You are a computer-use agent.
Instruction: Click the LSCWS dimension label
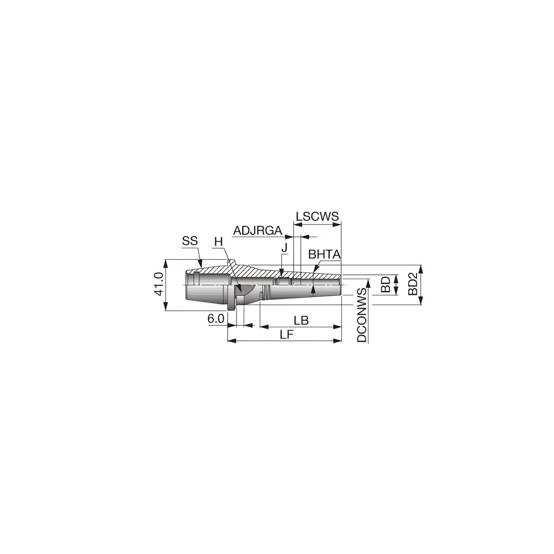tap(317, 216)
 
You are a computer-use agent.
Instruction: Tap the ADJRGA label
tap(258, 230)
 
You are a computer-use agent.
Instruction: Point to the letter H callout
tap(218, 242)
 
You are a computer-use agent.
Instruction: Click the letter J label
tap(284, 247)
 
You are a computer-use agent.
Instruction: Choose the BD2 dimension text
tap(413, 284)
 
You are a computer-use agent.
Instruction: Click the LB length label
tap(301, 320)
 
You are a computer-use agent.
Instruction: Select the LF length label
tap(286, 334)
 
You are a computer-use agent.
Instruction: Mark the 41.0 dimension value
tap(158, 284)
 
